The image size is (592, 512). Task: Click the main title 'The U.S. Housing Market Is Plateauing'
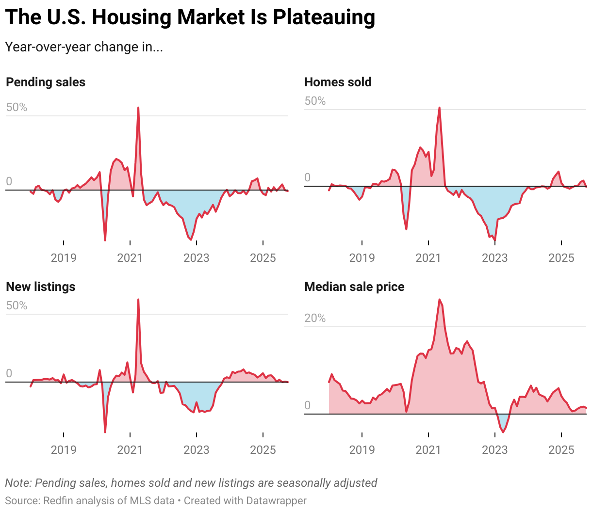(x=190, y=17)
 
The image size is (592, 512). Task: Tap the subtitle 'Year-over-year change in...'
(x=83, y=47)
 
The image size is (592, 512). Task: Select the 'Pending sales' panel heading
(x=46, y=82)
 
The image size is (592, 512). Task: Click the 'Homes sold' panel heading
(x=338, y=82)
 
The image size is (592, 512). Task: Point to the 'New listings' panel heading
(x=41, y=287)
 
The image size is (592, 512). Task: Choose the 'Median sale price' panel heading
(x=354, y=287)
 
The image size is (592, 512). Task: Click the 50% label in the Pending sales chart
(x=17, y=107)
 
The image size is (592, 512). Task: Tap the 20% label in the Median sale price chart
(x=315, y=318)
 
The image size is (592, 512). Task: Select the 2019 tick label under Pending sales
(x=64, y=257)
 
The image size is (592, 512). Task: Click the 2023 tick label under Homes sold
(x=494, y=257)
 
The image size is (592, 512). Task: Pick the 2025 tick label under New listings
(x=263, y=449)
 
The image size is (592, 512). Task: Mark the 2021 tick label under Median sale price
(x=428, y=449)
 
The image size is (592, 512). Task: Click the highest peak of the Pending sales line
(x=138, y=108)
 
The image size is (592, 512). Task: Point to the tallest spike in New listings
(x=138, y=300)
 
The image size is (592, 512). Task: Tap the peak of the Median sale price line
(x=440, y=300)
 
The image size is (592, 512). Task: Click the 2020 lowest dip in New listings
(x=105, y=432)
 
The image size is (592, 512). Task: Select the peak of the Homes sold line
(x=440, y=108)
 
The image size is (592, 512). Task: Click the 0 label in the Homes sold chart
(x=307, y=177)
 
